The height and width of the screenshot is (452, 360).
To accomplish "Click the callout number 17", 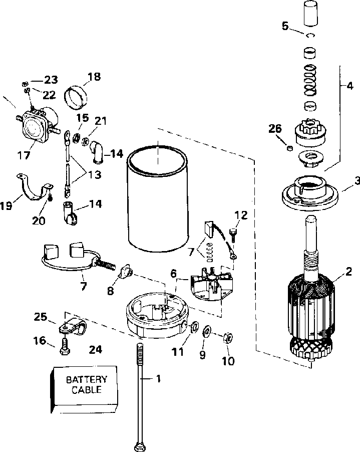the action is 24,155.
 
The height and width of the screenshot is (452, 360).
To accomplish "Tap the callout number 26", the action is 275,129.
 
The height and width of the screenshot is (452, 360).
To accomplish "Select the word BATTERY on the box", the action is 87,379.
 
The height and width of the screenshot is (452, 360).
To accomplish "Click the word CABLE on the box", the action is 87,390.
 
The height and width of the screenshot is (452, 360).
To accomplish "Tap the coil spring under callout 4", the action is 310,80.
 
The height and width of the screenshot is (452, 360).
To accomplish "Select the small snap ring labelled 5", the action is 310,35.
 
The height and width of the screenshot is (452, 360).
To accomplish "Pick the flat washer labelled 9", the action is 207,332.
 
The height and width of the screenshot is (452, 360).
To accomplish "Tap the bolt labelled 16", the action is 64,346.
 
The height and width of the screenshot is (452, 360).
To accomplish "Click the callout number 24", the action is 95,349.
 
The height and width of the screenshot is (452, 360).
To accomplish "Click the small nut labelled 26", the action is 290,148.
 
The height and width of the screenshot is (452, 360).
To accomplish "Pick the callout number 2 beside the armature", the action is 348,271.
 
